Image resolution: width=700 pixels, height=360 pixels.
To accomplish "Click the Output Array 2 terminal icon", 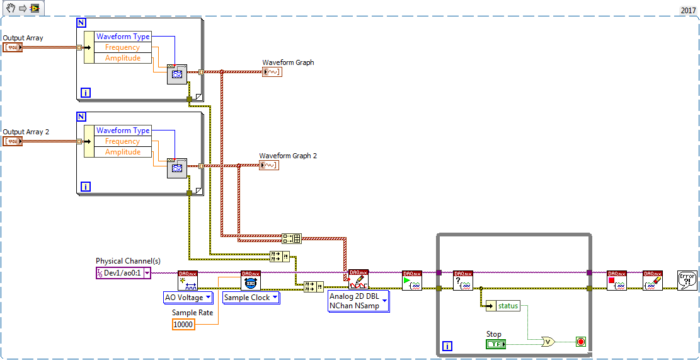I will pyautogui.click(x=13, y=141).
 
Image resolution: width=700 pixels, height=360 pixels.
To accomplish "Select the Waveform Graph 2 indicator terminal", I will pyautogui.click(x=269, y=165).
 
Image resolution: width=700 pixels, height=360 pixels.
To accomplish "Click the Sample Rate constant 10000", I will pyautogui.click(x=183, y=324).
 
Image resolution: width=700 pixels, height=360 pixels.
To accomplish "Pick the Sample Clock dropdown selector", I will pyautogui.click(x=251, y=298).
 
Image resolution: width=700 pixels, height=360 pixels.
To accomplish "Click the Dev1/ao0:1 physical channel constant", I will pyautogui.click(x=123, y=273).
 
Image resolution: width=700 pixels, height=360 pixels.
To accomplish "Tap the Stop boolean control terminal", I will pyautogui.click(x=496, y=344).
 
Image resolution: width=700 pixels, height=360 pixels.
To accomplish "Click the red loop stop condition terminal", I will pyautogui.click(x=580, y=342).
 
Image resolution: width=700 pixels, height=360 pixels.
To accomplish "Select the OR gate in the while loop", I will pyautogui.click(x=549, y=342).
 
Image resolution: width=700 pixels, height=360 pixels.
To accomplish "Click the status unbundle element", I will pyautogui.click(x=507, y=306).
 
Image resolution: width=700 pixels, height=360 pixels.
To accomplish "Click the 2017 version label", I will pyautogui.click(x=688, y=10).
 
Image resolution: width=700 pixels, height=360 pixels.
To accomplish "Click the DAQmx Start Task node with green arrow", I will pyautogui.click(x=412, y=281).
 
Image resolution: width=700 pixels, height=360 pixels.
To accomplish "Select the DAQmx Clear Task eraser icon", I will pyautogui.click(x=653, y=281).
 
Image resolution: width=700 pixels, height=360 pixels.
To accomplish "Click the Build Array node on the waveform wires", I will pyautogui.click(x=292, y=238).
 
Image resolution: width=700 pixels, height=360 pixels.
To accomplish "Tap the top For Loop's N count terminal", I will pyautogui.click(x=81, y=23).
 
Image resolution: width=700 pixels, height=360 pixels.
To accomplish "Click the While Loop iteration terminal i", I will pyautogui.click(x=447, y=346).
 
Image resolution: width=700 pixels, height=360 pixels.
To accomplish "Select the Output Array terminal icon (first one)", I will pyautogui.click(x=13, y=47).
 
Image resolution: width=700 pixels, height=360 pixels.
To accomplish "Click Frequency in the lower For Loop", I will pyautogui.click(x=122, y=141).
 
